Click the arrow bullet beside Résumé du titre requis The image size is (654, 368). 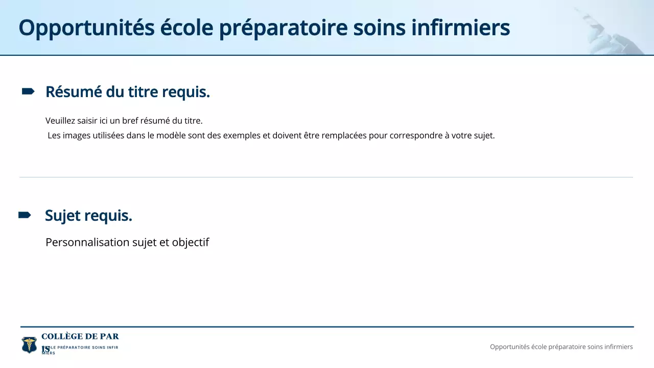tap(28, 91)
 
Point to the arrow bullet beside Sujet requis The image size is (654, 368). tap(25, 215)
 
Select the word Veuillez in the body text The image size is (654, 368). tap(59, 121)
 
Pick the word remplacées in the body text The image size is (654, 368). tap(343, 136)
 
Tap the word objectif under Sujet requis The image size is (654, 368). tap(191, 242)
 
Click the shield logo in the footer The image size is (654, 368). tap(29, 344)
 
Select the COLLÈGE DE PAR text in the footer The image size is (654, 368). tap(80, 336)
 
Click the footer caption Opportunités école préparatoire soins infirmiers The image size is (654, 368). tap(561, 347)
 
